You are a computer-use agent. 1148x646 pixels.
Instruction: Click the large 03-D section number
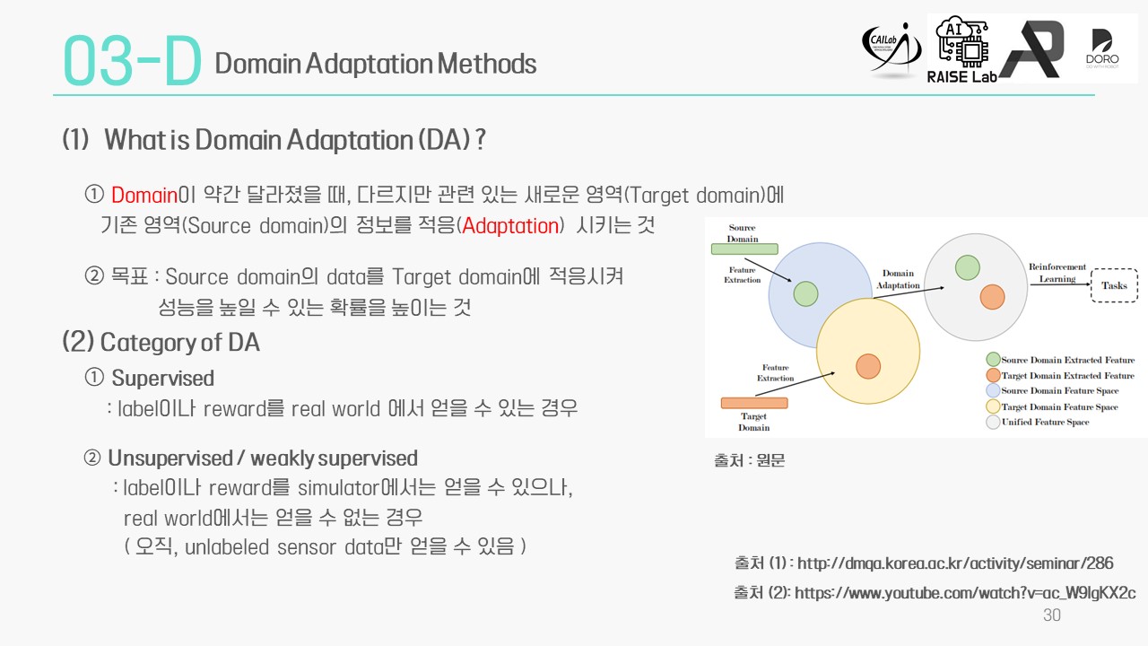coord(132,60)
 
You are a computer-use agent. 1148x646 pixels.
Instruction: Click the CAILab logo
coord(891,49)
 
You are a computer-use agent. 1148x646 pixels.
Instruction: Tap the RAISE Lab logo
coord(961,49)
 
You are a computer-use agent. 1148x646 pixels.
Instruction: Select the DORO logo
coord(1102,49)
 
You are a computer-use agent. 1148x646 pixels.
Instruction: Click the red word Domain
coord(144,196)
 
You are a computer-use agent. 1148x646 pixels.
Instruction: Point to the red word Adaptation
coord(510,226)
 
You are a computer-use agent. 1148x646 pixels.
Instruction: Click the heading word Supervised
coord(163,379)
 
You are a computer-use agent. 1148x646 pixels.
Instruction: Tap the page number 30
coord(1052,615)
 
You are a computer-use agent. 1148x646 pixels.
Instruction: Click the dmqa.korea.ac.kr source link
coord(955,563)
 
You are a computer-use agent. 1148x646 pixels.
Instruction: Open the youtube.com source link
coord(965,593)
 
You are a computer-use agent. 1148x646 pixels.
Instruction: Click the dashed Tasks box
coord(1114,285)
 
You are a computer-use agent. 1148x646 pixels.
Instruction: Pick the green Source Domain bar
coord(744,249)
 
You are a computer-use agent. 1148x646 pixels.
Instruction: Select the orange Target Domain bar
coord(754,403)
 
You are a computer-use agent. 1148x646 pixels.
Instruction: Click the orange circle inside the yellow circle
coord(868,366)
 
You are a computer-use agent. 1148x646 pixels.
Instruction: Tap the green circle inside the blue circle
coord(805,293)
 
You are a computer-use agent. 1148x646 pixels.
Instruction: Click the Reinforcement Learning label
coord(1057,273)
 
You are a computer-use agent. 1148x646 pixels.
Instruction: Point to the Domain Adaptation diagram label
coord(898,279)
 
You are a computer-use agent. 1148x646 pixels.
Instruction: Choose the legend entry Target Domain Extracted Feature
coord(1060,375)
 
